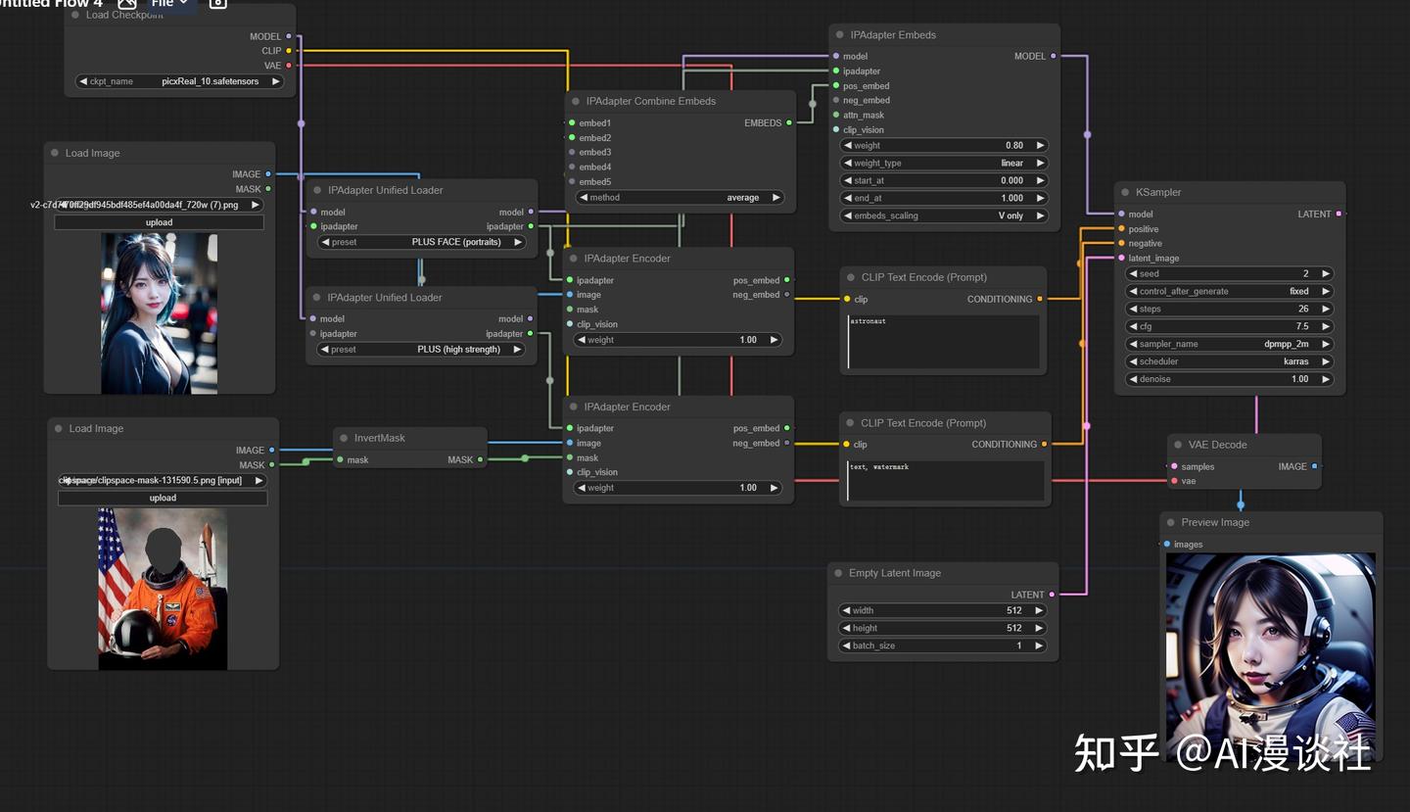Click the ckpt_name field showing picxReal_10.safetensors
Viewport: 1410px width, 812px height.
(180, 81)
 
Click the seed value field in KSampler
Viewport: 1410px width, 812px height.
(1230, 274)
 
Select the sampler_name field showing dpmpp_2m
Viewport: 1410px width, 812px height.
(1230, 344)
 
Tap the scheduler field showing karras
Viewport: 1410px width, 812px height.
(1230, 361)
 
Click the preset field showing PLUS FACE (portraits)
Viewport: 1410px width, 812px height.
(422, 242)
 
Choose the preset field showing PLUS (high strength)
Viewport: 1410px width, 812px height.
(422, 350)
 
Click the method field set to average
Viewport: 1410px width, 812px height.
(680, 198)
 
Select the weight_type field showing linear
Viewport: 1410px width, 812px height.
(944, 163)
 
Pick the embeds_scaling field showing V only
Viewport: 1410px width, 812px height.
(944, 215)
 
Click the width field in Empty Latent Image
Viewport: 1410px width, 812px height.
(943, 610)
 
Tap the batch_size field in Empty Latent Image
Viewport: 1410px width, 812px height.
(943, 645)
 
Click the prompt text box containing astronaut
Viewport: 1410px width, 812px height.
(944, 342)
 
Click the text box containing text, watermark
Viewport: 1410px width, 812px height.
(945, 480)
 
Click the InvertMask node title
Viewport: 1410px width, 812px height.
(379, 438)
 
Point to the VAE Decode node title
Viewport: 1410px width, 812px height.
(1217, 445)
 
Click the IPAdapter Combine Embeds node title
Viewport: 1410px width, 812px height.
(650, 101)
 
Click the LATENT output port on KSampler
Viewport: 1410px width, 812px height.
(1339, 214)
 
